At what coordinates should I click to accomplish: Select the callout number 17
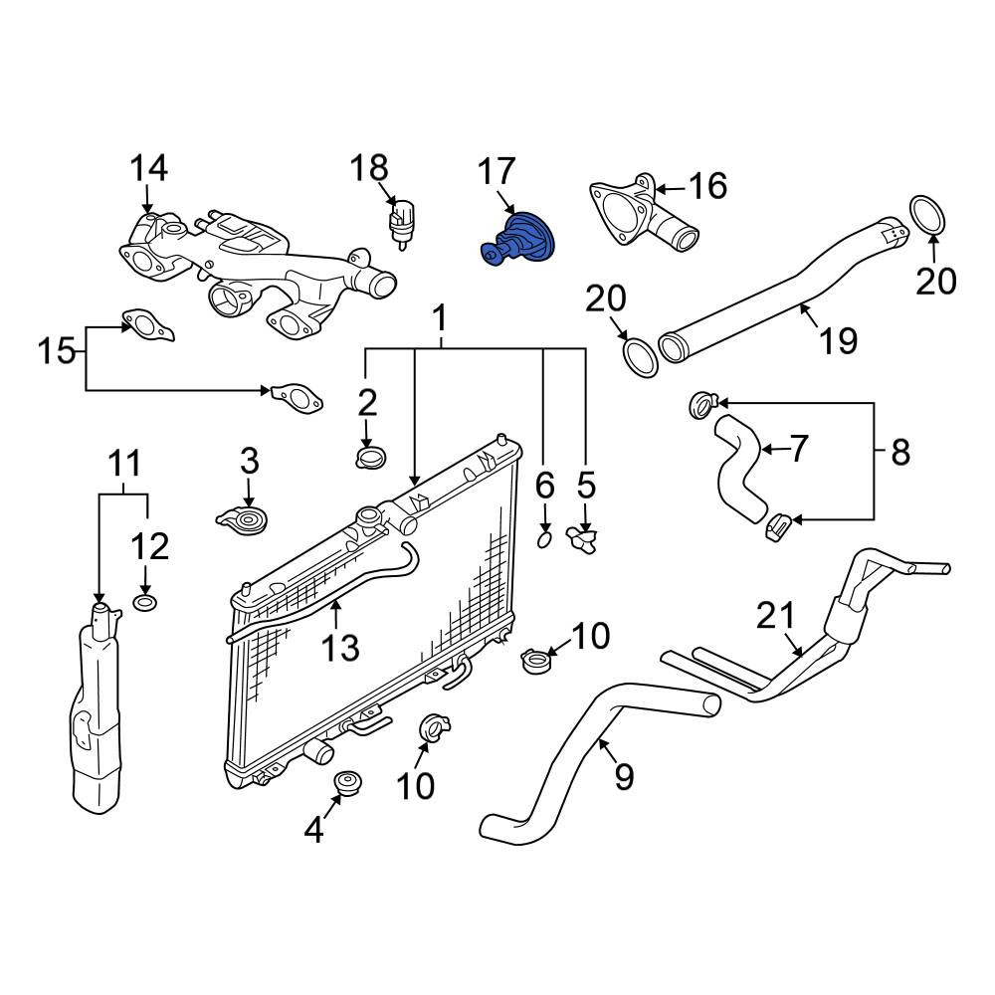[497, 172]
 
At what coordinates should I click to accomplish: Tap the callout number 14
[148, 168]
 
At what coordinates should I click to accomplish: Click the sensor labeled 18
[402, 223]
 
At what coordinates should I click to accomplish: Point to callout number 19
[839, 340]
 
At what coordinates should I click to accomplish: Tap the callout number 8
[900, 453]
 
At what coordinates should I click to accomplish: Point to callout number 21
[775, 616]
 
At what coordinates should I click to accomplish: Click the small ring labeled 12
[145, 602]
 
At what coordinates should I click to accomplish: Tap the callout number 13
[340, 648]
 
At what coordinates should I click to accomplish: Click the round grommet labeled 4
[346, 783]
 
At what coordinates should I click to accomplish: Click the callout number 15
[57, 351]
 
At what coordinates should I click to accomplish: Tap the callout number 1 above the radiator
[440, 318]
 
